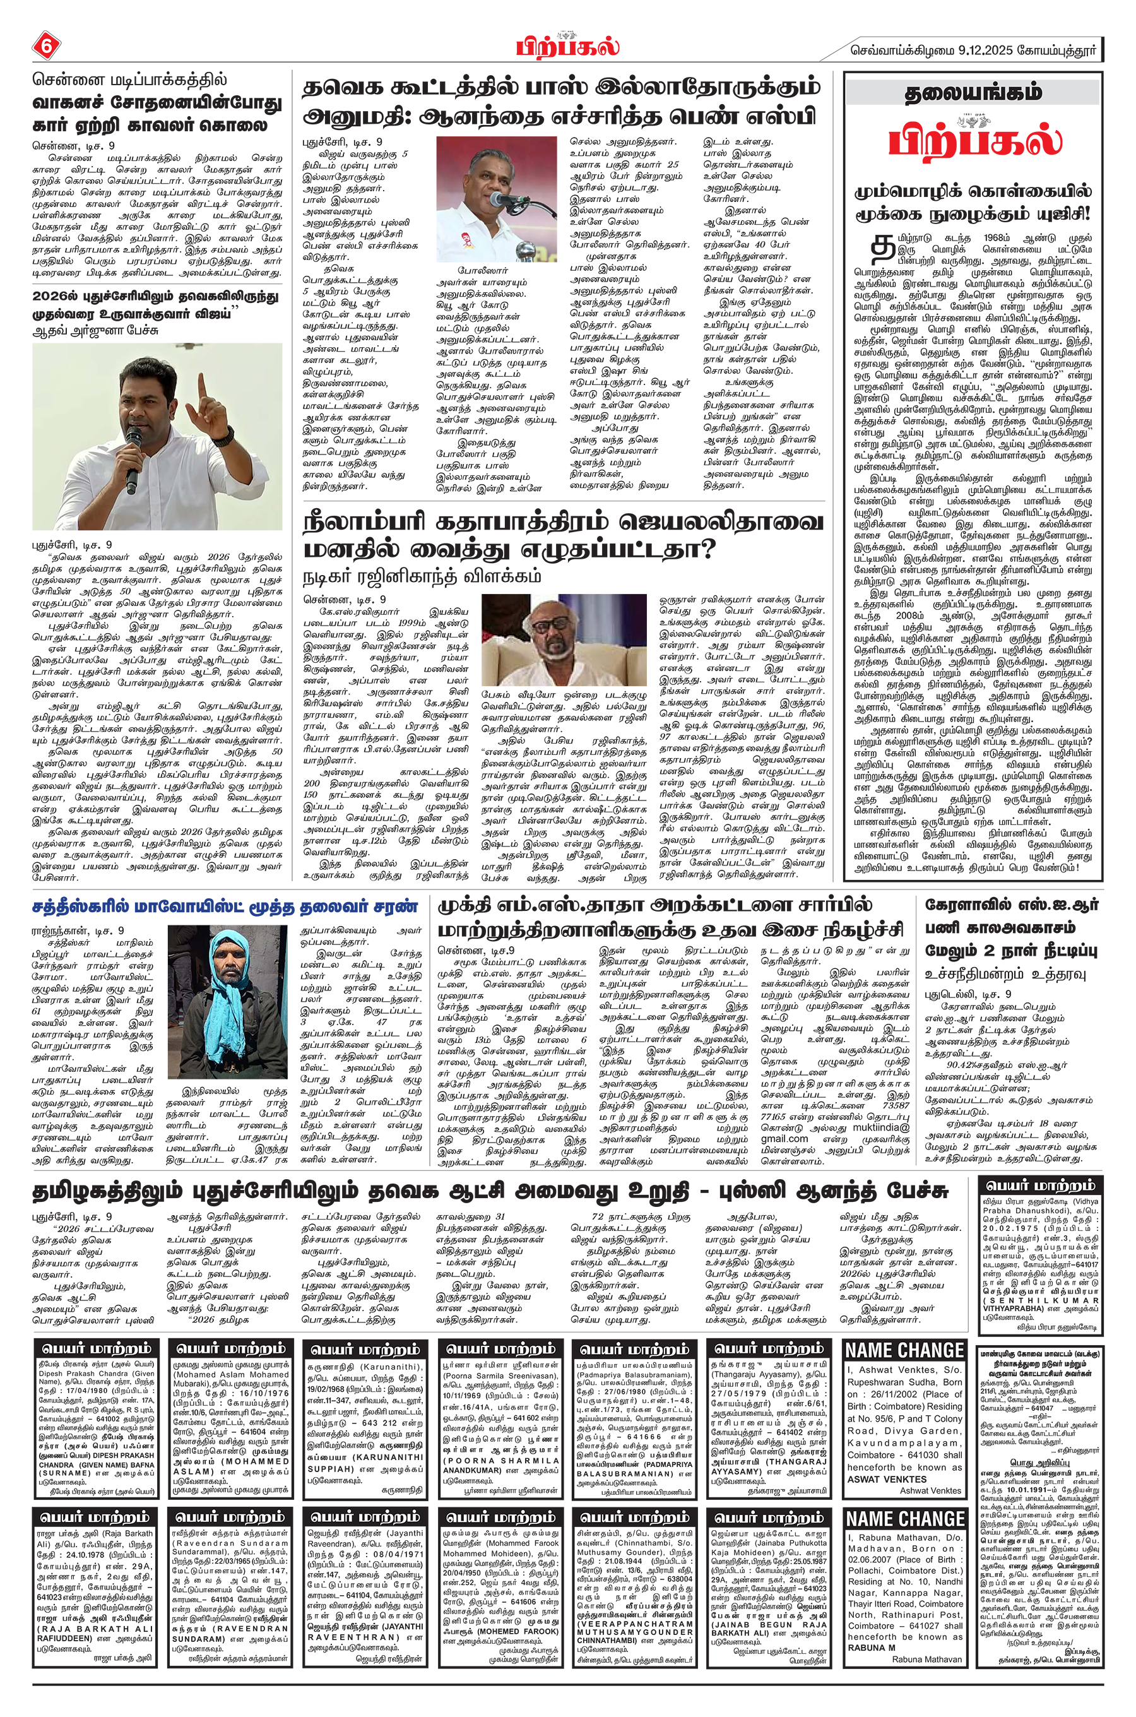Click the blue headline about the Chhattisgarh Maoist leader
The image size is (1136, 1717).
point(225,906)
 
